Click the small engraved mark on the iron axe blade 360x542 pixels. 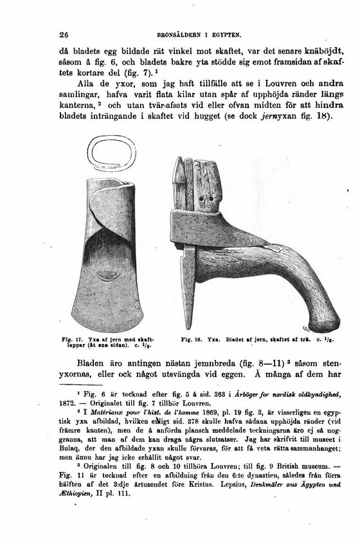[x=105, y=277]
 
